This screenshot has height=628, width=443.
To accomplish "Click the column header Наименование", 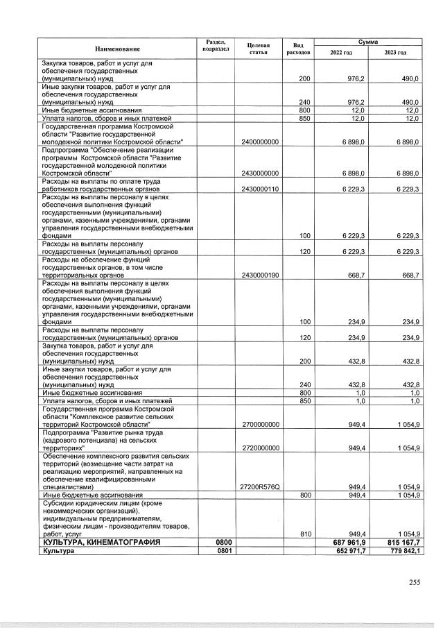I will click(x=117, y=49).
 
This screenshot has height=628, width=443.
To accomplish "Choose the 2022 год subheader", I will click(x=340, y=53).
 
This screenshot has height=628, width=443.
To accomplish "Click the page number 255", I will click(x=414, y=582).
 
